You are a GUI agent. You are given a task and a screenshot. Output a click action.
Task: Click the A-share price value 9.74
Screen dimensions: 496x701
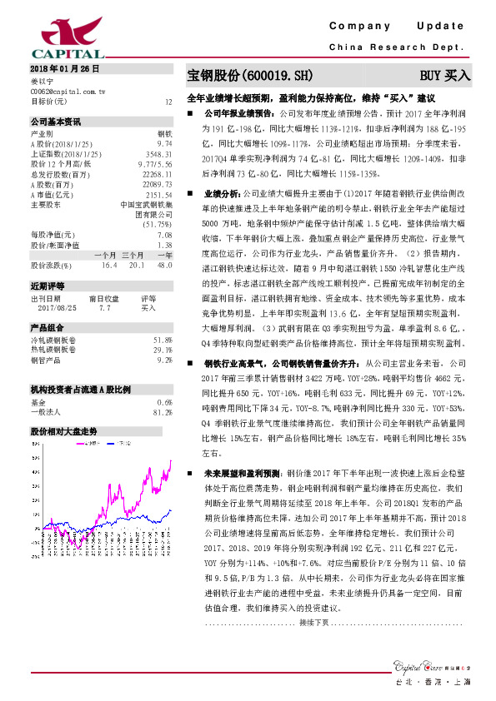(164, 144)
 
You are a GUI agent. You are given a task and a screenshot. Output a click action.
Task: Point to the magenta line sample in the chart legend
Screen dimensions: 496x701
(80, 443)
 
